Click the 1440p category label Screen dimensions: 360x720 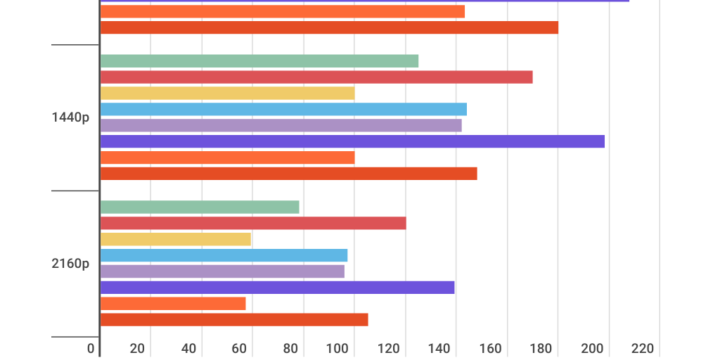[x=70, y=117]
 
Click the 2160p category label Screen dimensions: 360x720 [x=70, y=264]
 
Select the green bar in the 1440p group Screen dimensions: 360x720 [x=259, y=61]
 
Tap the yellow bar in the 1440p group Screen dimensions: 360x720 [x=227, y=94]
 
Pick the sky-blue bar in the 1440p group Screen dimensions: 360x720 [x=283, y=109]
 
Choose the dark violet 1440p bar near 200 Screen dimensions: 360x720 [x=352, y=141]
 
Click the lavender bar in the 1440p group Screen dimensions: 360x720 [x=281, y=125]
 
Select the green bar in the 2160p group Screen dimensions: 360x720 [x=200, y=207]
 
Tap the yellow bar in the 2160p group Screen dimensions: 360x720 [x=176, y=239]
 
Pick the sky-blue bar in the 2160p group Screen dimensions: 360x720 [x=224, y=255]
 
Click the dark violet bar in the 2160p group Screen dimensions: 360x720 [x=277, y=287]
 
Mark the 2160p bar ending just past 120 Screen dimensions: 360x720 [x=253, y=223]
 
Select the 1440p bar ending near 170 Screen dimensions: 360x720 [x=316, y=77]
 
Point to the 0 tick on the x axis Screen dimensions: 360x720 [x=91, y=349]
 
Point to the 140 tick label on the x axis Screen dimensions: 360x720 [x=439, y=349]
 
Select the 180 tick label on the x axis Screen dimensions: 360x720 [x=541, y=349]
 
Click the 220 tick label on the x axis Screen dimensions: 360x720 [x=643, y=349]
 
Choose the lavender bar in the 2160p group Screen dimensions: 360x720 [x=222, y=271]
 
